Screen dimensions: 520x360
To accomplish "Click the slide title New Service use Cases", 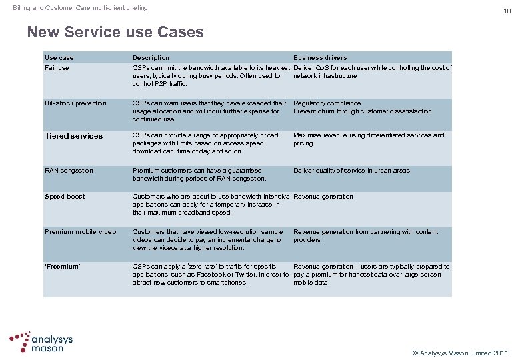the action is click(x=115, y=31).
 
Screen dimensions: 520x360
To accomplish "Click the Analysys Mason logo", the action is click(x=41, y=341).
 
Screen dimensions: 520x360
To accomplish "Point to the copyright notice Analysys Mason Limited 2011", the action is click(x=461, y=352).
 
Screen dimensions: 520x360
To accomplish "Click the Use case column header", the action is click(x=59, y=58).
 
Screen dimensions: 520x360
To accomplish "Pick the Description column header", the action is click(x=151, y=58).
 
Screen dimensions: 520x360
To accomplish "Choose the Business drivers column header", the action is click(x=320, y=58).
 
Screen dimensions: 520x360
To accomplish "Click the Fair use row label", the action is click(x=57, y=68).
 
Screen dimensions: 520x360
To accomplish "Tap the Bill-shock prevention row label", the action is click(x=75, y=103).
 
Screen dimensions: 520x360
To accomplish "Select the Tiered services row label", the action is click(x=74, y=136).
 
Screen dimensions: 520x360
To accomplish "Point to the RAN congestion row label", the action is click(x=69, y=171).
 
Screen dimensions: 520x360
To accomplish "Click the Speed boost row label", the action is click(x=65, y=197).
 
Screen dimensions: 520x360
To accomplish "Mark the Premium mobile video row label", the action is click(x=80, y=232).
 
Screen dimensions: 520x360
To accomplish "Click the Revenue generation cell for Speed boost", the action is click(x=323, y=197).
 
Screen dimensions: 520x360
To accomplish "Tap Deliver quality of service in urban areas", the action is click(x=351, y=171).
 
